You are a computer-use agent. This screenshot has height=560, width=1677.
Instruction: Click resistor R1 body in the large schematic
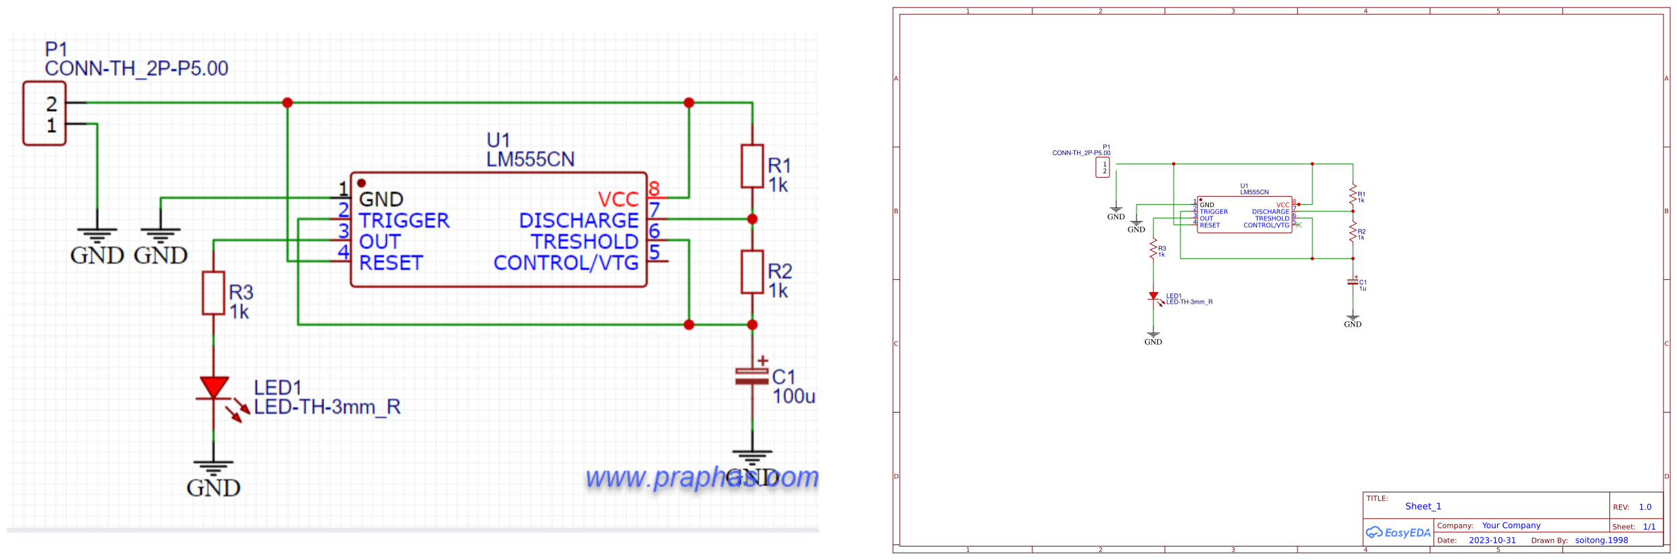point(752,166)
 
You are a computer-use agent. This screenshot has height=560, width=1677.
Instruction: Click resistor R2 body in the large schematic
point(752,272)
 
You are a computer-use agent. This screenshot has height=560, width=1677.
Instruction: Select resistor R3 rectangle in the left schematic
point(214,293)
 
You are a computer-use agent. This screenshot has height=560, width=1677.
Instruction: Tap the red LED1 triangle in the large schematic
point(214,388)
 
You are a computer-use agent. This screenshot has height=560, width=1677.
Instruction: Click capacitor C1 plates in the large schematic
point(752,376)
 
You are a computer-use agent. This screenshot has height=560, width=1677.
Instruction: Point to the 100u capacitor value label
point(794,396)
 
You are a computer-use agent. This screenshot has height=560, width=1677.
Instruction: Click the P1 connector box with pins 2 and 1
point(45,114)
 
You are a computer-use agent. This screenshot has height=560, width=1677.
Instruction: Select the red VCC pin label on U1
point(618,200)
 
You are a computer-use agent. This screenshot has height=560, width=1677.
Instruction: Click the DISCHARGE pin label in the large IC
point(578,220)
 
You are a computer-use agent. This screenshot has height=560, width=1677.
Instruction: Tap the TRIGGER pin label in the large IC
point(404,220)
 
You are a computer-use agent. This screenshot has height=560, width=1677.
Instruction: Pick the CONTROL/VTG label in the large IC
point(566,262)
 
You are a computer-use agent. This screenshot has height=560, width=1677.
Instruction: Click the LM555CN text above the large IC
point(530,160)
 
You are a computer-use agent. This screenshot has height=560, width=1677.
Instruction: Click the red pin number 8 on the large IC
point(653,189)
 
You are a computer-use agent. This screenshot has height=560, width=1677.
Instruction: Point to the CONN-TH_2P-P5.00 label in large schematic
point(137,68)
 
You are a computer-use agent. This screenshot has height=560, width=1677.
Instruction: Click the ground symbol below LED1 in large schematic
point(214,468)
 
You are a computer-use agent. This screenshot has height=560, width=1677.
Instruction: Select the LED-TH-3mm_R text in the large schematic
point(327,407)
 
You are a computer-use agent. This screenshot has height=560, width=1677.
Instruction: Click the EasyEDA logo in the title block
point(1398,533)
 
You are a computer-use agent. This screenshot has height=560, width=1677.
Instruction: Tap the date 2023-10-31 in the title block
point(1492,540)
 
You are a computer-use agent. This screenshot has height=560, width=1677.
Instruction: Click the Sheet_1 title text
point(1423,507)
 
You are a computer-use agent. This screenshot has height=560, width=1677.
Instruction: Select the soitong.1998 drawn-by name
point(1601,540)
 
